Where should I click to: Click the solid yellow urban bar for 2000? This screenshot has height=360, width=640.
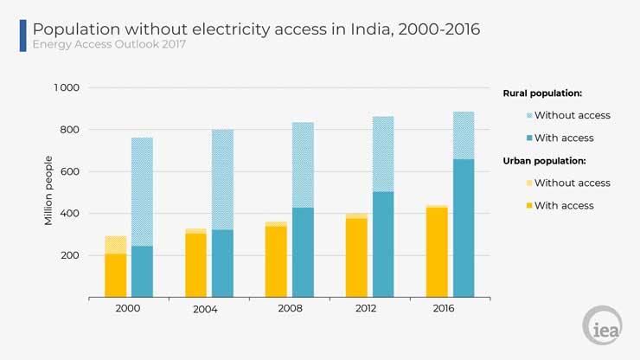click(116, 275)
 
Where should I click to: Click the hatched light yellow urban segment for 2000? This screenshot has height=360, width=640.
click(116, 245)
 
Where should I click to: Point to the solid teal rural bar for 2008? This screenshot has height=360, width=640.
click(304, 252)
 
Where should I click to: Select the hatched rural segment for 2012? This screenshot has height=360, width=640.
click(383, 154)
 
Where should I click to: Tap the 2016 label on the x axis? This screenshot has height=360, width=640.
click(450, 308)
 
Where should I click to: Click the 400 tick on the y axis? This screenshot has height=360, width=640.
click(69, 214)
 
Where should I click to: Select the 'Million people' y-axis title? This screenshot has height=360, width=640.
click(49, 190)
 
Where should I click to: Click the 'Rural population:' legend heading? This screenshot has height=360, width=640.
click(542, 93)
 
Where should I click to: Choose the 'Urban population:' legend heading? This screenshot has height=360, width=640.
click(545, 160)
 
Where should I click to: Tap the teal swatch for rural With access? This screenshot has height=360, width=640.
click(528, 138)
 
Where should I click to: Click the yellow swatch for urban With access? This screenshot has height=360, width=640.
click(528, 205)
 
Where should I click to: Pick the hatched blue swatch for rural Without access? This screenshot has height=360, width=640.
click(528, 115)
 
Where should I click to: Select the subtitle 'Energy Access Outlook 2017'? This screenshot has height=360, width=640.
click(109, 45)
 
